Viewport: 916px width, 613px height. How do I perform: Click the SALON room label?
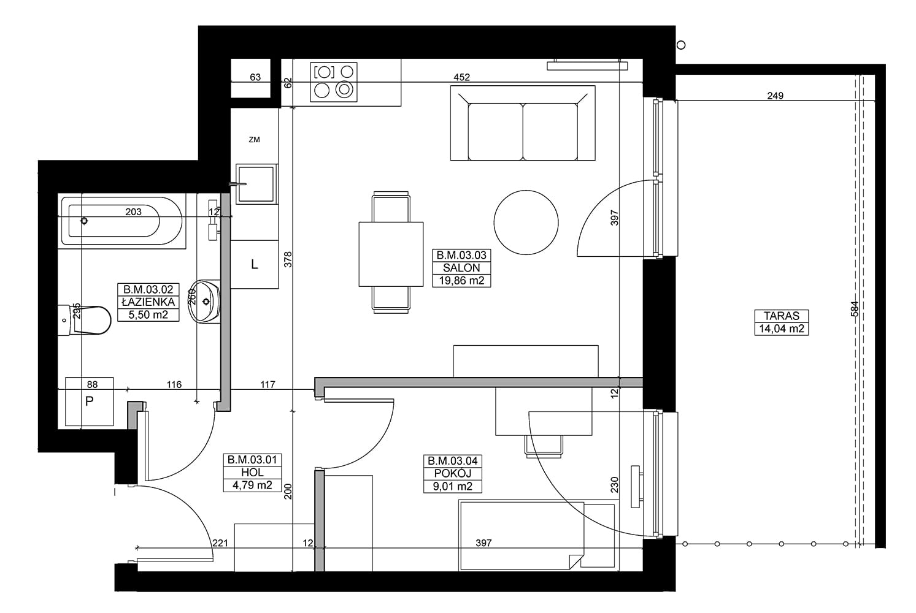tap(461, 268)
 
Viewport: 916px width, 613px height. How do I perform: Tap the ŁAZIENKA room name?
tap(148, 302)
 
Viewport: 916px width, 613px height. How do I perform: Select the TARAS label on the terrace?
tap(782, 316)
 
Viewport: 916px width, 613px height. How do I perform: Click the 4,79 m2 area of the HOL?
tap(252, 485)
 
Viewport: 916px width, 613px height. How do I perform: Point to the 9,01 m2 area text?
tap(453, 486)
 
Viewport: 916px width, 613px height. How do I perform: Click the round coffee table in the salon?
tap(526, 223)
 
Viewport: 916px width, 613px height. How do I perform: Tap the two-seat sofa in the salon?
tap(523, 123)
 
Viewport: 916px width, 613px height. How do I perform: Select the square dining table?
tap(391, 254)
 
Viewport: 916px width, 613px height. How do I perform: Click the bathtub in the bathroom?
tap(122, 221)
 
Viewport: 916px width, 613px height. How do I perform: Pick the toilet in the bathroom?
tap(85, 321)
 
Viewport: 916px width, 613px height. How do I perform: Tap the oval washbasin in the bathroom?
tap(204, 302)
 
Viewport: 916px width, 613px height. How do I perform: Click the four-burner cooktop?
tap(334, 82)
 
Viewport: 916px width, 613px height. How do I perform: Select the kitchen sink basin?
tap(256, 184)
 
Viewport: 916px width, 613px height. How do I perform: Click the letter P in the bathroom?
tap(89, 402)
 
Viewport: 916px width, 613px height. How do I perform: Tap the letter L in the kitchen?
tap(255, 264)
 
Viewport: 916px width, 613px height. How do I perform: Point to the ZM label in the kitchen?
tap(255, 140)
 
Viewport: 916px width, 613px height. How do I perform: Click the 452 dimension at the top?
tap(461, 77)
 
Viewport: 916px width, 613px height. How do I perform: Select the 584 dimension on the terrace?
tap(854, 308)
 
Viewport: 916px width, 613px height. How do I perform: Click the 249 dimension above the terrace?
tap(776, 96)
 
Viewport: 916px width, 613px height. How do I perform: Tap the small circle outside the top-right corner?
tap(681, 45)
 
